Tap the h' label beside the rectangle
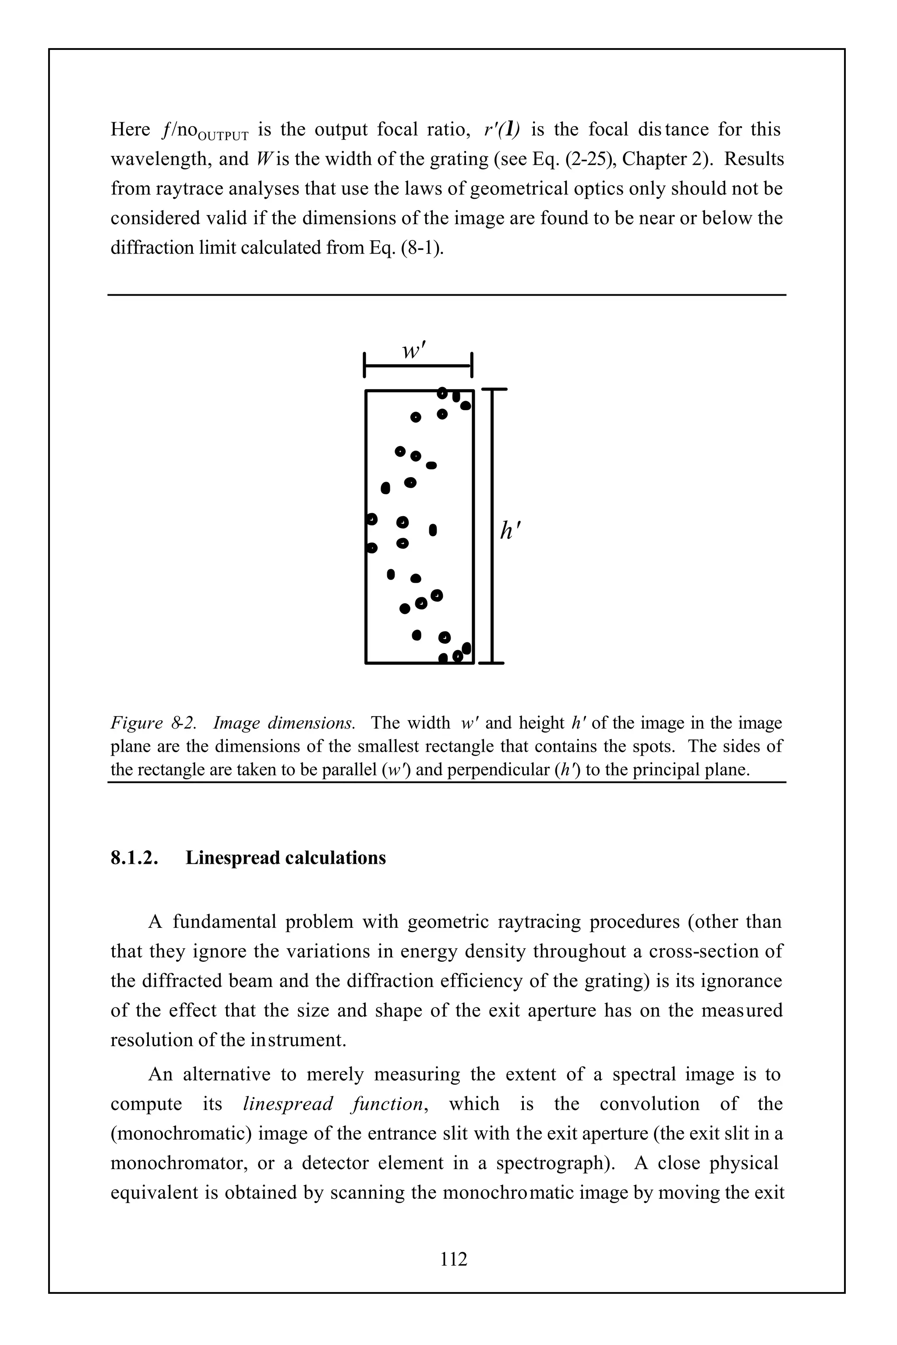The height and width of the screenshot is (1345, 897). pyautogui.click(x=510, y=531)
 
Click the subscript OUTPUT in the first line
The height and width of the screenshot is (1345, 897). pyautogui.click(x=224, y=137)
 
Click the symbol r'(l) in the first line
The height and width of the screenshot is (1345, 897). pyautogui.click(x=501, y=130)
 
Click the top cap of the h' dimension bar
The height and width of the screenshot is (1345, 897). pyautogui.click(x=494, y=389)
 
